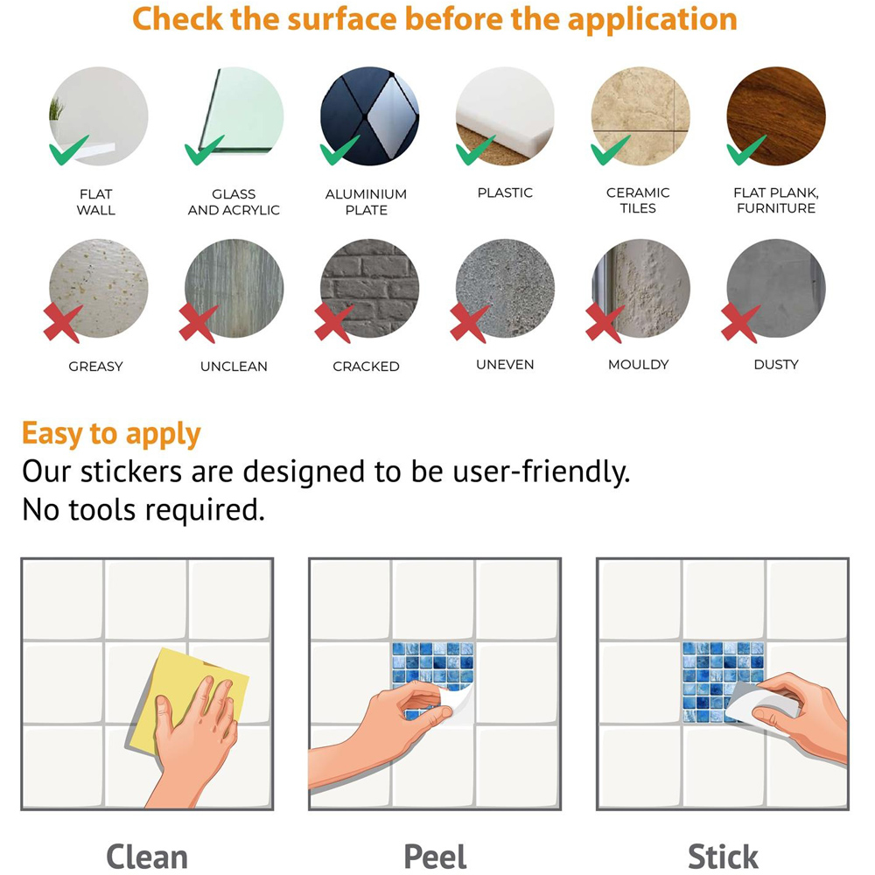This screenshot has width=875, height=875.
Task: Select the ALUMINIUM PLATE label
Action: click(x=366, y=202)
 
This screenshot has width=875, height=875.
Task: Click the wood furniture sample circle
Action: click(x=775, y=116)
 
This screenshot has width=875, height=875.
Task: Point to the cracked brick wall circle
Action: click(x=369, y=288)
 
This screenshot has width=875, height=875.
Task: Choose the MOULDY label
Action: click(x=639, y=364)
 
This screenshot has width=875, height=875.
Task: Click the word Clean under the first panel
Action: click(x=147, y=857)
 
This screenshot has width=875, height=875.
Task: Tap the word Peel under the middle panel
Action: click(x=435, y=857)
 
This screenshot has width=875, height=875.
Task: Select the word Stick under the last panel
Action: click(x=723, y=857)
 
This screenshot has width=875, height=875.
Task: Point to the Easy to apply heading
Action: click(x=111, y=434)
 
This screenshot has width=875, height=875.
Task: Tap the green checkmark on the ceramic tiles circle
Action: click(x=610, y=150)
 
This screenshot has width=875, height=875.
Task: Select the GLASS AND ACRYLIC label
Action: click(x=234, y=202)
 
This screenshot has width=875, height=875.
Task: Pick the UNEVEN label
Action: click(x=505, y=364)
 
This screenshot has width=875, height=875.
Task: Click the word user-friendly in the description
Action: click(x=542, y=472)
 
